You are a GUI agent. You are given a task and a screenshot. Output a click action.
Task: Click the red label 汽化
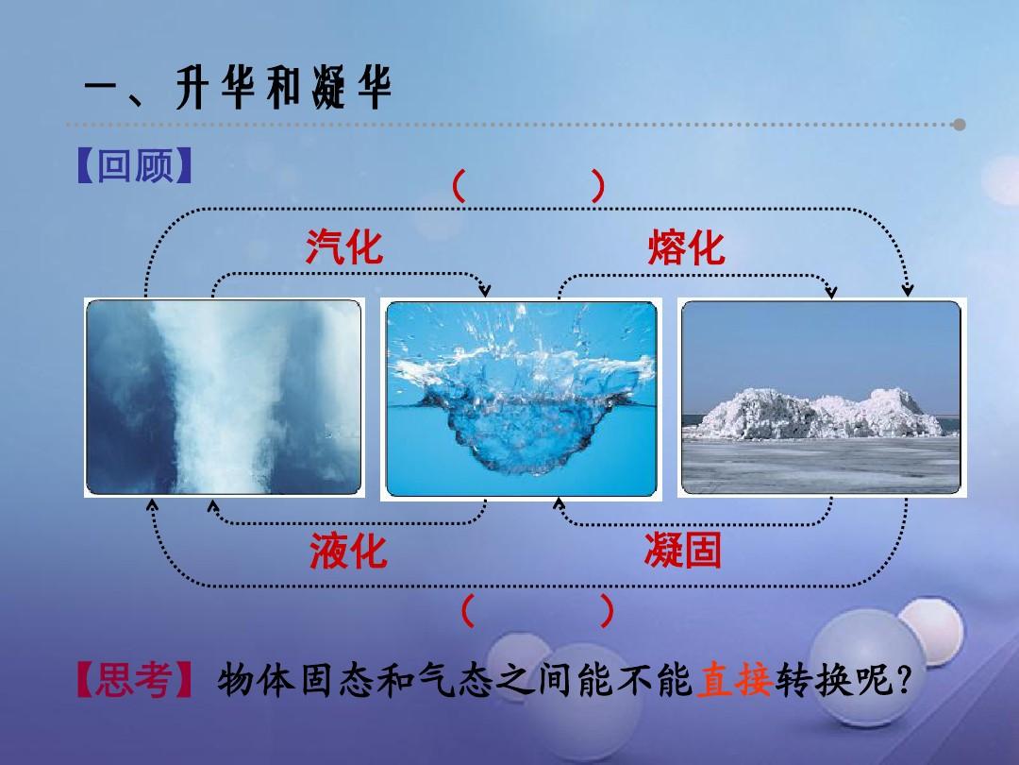tap(344, 247)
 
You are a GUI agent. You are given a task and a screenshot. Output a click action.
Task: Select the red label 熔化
tap(686, 247)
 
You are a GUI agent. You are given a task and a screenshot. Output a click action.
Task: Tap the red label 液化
tap(348, 551)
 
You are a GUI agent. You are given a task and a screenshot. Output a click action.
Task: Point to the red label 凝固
tap(683, 550)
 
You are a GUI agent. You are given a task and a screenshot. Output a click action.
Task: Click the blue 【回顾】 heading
tap(135, 165)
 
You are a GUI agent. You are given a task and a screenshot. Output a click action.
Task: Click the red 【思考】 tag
tap(135, 680)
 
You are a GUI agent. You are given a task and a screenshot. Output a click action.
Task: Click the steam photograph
tap(225, 398)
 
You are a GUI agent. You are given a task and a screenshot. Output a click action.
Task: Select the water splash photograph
tap(521, 399)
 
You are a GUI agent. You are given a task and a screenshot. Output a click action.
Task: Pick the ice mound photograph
tap(822, 398)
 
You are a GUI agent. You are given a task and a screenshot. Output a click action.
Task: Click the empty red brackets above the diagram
tap(527, 186)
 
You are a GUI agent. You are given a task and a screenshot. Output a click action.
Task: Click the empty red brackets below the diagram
tap(537, 610)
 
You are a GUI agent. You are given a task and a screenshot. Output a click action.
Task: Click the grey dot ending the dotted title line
tap(960, 125)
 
